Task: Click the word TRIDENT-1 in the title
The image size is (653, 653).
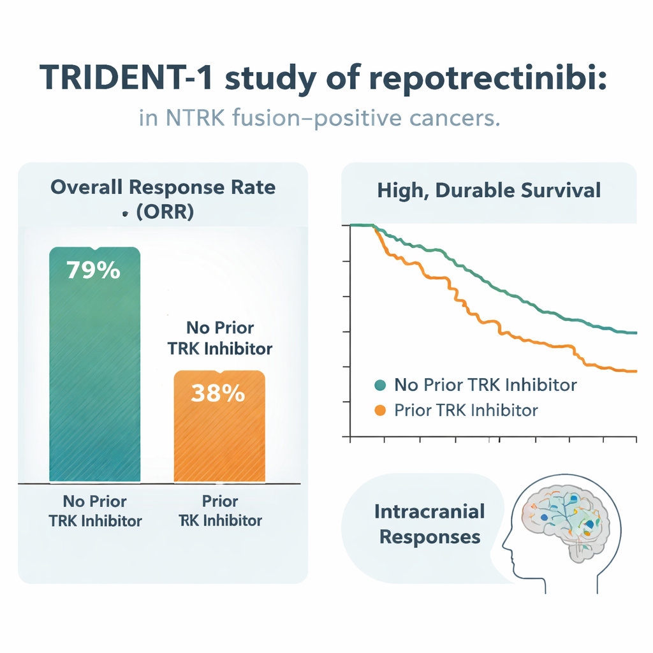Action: point(126,78)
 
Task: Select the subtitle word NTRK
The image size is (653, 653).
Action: point(195,117)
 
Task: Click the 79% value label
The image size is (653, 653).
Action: point(93,270)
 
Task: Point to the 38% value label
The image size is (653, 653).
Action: point(218,393)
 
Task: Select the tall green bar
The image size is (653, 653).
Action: point(94,364)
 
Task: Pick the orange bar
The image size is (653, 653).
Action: point(219,426)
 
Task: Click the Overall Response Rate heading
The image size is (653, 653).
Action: point(163,187)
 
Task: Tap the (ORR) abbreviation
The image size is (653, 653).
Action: point(165,212)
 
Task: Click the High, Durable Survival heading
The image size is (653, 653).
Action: point(489,190)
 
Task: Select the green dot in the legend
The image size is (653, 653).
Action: point(380,385)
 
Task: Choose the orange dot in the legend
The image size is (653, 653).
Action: point(380,410)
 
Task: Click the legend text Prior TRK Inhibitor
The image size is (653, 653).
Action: point(466,410)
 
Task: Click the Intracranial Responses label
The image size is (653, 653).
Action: point(430,524)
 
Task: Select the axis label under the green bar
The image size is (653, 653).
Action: point(95,511)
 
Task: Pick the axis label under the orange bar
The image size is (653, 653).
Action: point(220,511)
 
